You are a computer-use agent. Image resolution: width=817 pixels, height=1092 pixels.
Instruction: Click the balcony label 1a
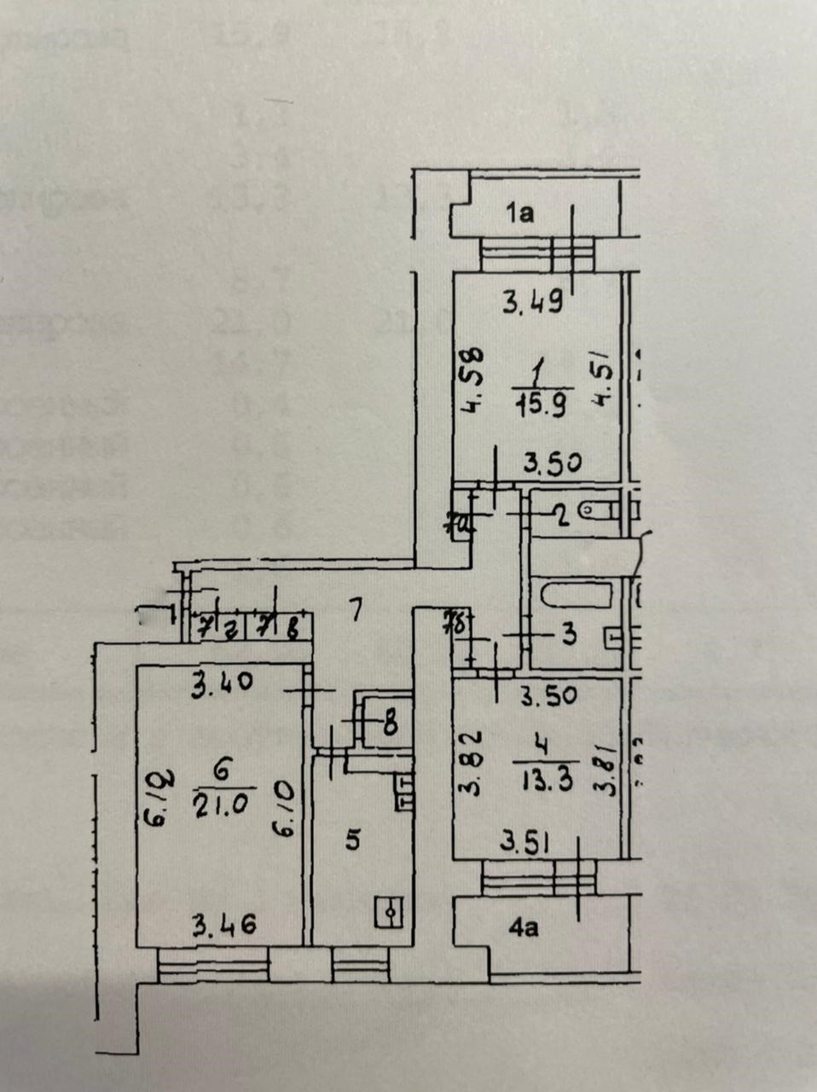pyautogui.click(x=519, y=212)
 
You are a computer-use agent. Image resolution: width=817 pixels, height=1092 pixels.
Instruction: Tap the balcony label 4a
pyautogui.click(x=523, y=927)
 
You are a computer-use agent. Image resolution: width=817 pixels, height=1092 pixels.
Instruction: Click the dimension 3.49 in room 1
pyautogui.click(x=531, y=302)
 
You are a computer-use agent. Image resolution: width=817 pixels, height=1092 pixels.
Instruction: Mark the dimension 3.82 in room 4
pyautogui.click(x=472, y=761)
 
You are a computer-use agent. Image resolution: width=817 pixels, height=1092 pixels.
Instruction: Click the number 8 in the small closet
pyautogui.click(x=389, y=726)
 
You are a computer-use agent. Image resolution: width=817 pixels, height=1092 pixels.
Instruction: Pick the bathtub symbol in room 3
pyautogui.click(x=576, y=594)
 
